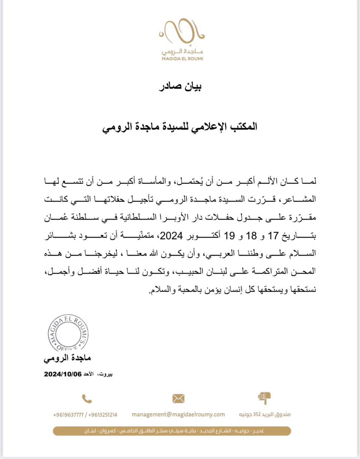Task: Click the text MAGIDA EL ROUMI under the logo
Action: point(181,58)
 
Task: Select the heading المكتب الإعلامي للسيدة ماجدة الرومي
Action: point(180,127)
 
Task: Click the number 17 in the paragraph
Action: point(273,236)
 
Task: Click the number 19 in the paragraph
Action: point(229,236)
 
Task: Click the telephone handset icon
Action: point(87,398)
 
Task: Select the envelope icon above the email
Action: point(178,398)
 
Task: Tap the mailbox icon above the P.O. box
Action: point(264,398)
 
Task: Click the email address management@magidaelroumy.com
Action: point(178,414)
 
